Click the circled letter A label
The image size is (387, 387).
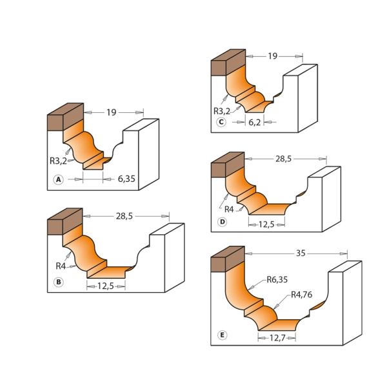click(x=59, y=179)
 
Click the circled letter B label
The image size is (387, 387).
click(x=59, y=282)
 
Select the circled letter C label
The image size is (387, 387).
click(x=221, y=122)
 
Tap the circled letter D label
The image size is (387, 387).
click(x=222, y=222)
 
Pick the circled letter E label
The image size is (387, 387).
click(x=222, y=335)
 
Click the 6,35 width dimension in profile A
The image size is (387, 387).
click(x=126, y=179)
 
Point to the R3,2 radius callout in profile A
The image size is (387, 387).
click(x=58, y=161)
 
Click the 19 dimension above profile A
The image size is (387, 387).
click(x=112, y=112)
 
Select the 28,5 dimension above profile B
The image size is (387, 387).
click(x=124, y=216)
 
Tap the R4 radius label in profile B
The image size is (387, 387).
click(x=61, y=266)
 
